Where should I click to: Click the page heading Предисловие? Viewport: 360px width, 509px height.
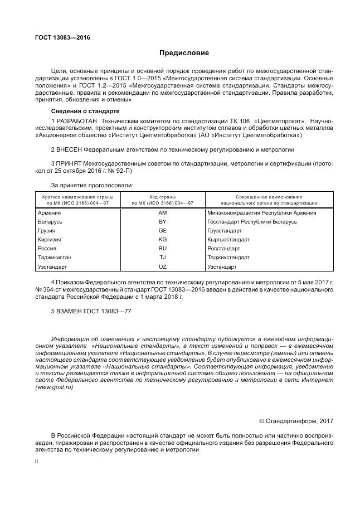coord(184,53)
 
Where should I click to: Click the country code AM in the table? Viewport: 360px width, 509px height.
coord(163,213)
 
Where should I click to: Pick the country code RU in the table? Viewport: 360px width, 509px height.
coord(163,249)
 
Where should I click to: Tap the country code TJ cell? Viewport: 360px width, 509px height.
coord(163,258)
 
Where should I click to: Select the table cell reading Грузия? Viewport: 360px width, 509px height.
coord(46,231)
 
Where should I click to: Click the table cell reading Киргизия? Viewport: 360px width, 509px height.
coord(49,240)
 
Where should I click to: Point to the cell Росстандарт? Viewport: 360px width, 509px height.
coord(223,249)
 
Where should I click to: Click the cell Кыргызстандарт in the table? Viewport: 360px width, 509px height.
coord(228,240)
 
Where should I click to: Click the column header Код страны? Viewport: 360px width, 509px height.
coord(163,197)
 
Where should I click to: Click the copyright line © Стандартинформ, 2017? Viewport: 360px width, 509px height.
coord(296,421)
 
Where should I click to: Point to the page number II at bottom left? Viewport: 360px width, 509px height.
coord(36,462)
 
